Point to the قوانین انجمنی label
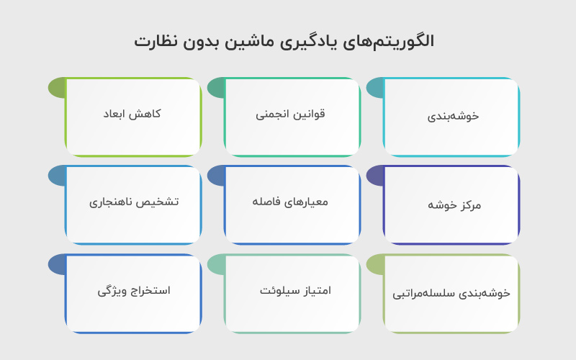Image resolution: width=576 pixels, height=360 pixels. coord(291,114)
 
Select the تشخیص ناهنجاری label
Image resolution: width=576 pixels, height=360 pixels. coord(134,202)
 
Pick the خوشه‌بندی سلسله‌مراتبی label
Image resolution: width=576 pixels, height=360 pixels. coord(451,293)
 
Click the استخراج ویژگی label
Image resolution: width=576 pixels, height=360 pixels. coord(134,290)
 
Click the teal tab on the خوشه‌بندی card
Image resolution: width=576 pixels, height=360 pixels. coord(375,88)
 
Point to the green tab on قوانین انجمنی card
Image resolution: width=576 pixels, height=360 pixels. coord(216,88)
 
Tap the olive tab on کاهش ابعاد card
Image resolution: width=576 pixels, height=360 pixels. coord(57,88)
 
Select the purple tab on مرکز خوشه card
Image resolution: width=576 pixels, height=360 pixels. coord(375,176)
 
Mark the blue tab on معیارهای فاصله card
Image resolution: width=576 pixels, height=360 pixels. coord(216,176)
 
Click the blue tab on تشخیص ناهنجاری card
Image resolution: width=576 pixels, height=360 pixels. coord(57,176)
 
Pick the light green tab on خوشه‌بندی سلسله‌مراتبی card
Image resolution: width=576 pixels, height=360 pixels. coord(375,264)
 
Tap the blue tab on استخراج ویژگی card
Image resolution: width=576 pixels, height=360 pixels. coord(57,264)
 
